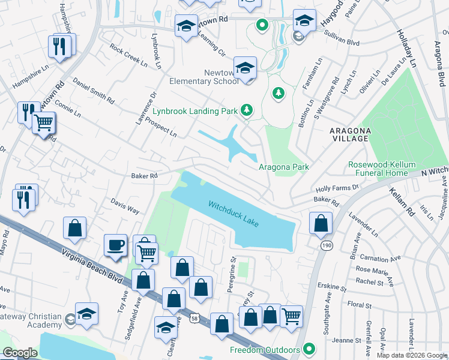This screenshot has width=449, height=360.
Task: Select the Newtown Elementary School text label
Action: point(200,77)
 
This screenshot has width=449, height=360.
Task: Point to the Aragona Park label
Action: point(283,167)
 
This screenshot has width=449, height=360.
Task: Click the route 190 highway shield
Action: point(325,245)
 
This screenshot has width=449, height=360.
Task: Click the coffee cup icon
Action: point(115,246)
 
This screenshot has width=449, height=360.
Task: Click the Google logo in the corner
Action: point(20,353)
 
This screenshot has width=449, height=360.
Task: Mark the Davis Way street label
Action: point(125,208)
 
